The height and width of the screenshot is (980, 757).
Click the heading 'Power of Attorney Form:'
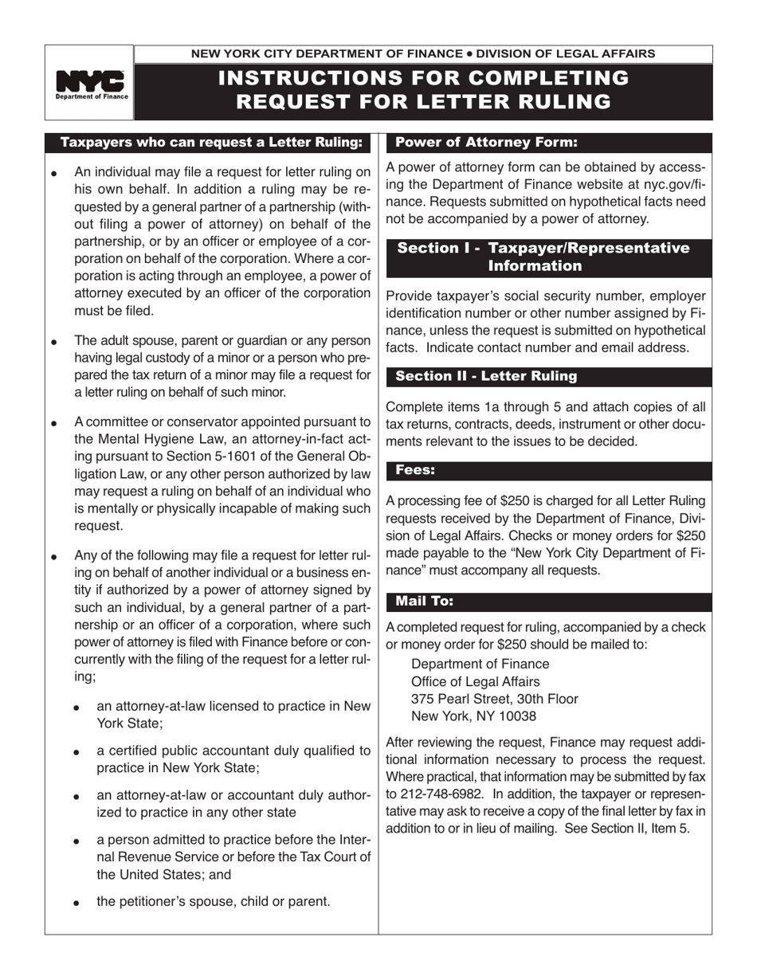coord(486,143)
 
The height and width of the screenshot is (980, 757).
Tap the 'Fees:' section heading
coord(415,470)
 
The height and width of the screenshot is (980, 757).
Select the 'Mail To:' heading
coord(424,601)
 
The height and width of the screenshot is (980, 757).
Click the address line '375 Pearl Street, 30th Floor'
coord(494,699)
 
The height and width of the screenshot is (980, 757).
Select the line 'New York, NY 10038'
coord(473,716)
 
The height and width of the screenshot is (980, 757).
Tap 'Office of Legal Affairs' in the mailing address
coord(475,681)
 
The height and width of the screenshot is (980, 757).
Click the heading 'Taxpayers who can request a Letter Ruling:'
coord(211,143)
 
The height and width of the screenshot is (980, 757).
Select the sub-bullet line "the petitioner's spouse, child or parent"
coord(213,901)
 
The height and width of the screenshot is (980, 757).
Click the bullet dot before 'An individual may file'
coord(53,173)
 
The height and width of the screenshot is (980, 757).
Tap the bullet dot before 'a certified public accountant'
coord(76,752)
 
